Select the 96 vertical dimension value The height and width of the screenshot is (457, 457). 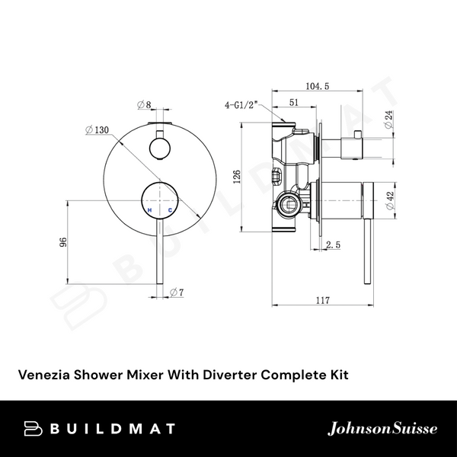(x=65, y=242)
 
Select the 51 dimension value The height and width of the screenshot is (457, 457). (x=293, y=105)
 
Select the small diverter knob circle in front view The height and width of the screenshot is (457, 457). (x=160, y=146)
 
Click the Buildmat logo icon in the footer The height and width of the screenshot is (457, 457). (x=35, y=429)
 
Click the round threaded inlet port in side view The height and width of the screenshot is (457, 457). (x=289, y=202)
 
